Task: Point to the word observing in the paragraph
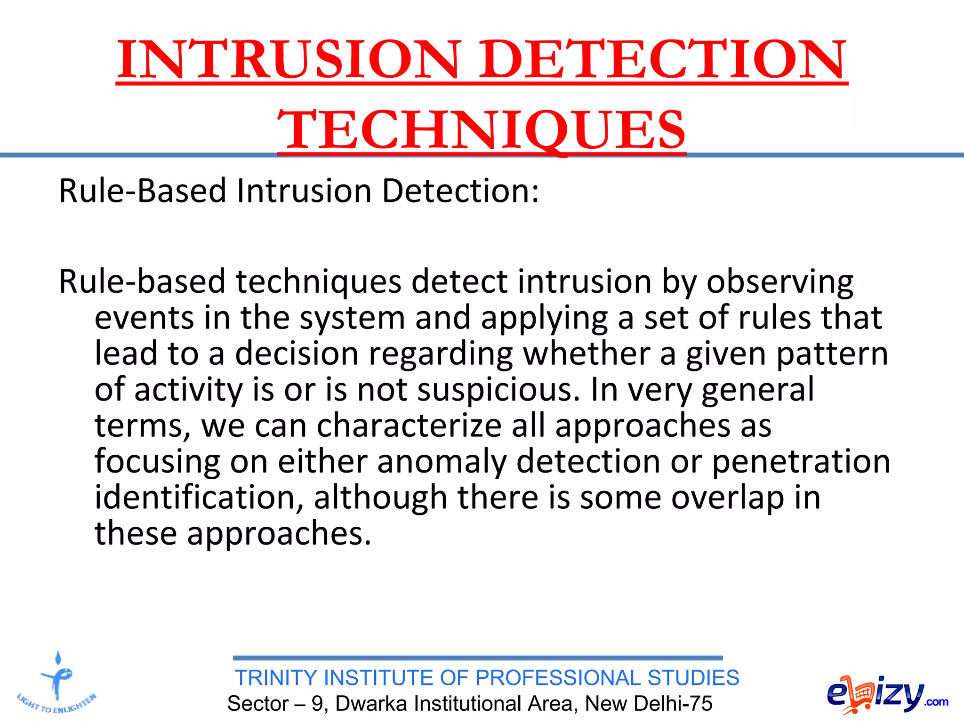(780, 282)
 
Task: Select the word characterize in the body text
(409, 426)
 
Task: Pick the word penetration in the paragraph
(801, 461)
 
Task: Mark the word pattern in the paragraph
(832, 354)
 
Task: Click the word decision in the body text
(297, 354)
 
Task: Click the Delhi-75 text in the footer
(672, 704)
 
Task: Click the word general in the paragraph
(757, 390)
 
